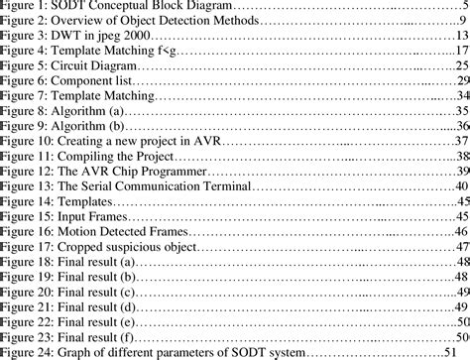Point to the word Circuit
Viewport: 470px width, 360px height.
pos(71,64)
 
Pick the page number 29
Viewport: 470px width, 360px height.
pos(461,79)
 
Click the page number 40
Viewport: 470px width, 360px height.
pos(461,185)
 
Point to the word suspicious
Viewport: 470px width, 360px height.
pos(140,246)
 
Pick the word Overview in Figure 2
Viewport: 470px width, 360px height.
pos(80,20)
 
